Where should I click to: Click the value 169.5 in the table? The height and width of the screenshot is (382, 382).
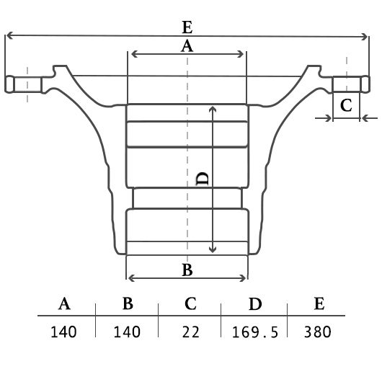[255, 332]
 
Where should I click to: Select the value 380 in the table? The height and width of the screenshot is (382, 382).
[318, 332]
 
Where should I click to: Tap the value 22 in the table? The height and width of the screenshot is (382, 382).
[190, 332]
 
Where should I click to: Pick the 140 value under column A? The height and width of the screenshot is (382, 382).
[63, 332]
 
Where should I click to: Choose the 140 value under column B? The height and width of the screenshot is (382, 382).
[127, 332]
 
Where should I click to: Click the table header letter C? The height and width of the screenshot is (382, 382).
[190, 303]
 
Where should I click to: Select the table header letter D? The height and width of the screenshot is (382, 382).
[255, 303]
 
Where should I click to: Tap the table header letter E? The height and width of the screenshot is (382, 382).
[319, 303]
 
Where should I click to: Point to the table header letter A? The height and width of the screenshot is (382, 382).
[64, 303]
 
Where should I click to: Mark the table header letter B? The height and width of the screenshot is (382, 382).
[128, 303]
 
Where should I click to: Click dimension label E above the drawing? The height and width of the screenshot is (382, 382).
[187, 27]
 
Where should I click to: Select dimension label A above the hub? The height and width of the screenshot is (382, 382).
[187, 46]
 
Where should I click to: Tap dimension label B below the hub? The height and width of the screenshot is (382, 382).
[187, 270]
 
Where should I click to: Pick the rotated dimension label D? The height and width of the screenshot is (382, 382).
[203, 179]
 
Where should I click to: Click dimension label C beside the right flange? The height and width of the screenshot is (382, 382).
[346, 105]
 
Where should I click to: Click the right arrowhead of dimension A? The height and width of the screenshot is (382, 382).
[241, 54]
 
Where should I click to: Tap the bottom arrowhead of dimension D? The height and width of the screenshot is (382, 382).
[213, 250]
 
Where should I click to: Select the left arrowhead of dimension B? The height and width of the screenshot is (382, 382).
[131, 278]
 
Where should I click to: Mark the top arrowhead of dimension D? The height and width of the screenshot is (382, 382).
[213, 109]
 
